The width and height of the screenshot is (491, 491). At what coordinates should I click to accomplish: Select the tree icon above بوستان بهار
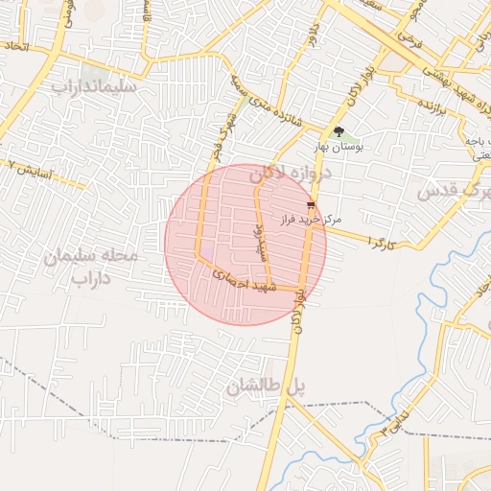338,131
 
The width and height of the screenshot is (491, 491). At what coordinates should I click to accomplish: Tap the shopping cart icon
311,205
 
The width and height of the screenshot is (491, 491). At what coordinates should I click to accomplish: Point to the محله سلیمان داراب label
92,268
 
